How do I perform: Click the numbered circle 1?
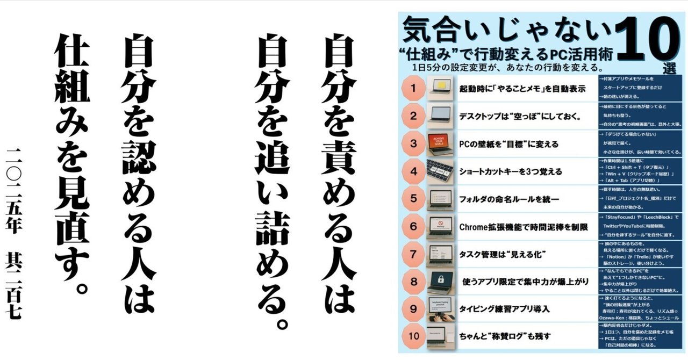coord(413,88)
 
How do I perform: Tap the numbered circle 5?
coord(413,198)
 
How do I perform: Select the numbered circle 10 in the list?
coord(413,336)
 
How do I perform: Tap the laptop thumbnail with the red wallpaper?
coord(441,143)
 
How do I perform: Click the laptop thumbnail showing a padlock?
coord(441,281)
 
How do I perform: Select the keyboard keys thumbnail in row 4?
coord(441,171)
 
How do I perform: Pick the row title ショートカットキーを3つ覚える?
coord(511,171)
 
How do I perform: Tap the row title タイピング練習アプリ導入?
coord(504,309)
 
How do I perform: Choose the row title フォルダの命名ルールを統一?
coord(509,199)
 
